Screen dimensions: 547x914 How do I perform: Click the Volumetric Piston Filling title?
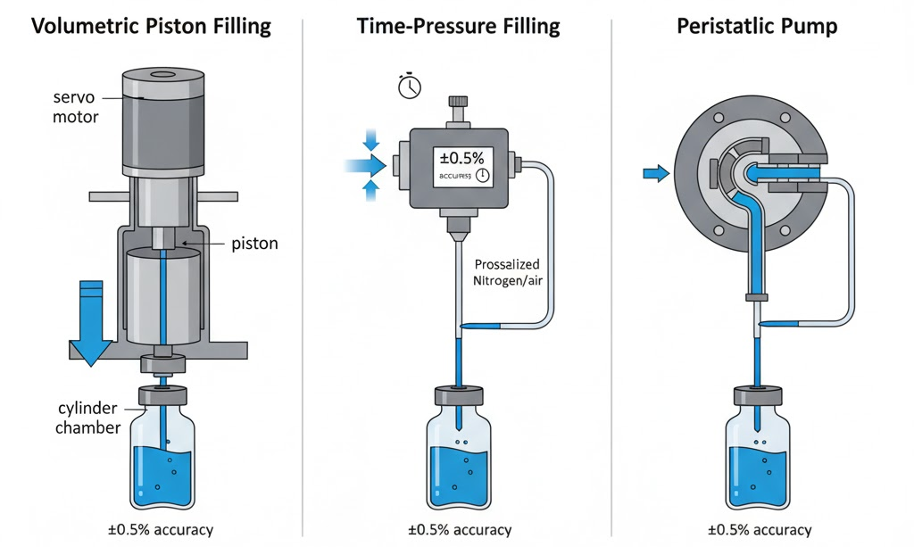point(151,26)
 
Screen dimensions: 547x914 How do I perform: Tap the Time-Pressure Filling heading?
point(458,26)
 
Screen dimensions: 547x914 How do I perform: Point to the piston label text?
point(254,243)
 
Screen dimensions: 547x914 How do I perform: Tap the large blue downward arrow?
point(90,321)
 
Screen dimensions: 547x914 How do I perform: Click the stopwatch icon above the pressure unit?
point(409,86)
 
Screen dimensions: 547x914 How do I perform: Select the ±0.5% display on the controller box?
point(459,158)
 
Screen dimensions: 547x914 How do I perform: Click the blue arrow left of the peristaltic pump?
point(655,174)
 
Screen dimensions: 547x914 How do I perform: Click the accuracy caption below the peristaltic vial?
point(758,529)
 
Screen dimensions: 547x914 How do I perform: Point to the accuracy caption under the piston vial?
point(161,529)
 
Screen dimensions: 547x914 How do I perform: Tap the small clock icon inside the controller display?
point(482,175)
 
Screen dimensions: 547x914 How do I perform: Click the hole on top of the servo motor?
point(162,76)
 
